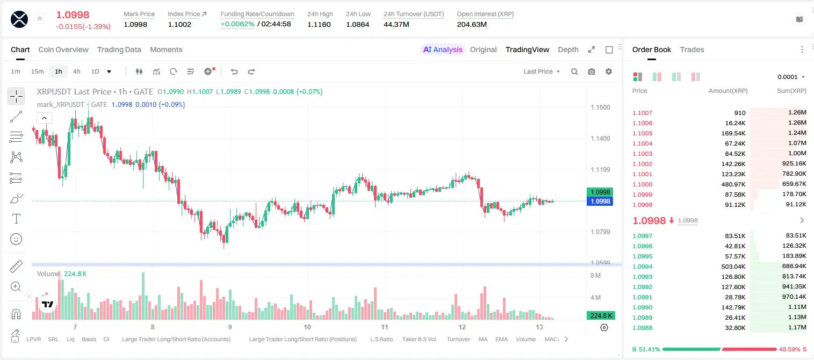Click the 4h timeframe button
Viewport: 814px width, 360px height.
click(x=76, y=71)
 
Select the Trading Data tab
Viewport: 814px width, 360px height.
click(x=119, y=49)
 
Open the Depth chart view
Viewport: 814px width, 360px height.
click(x=568, y=49)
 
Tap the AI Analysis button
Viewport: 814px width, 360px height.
click(x=443, y=49)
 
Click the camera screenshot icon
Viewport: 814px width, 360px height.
click(x=592, y=71)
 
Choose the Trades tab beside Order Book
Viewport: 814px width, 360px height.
click(x=692, y=49)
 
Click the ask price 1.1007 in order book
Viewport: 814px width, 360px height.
click(x=642, y=113)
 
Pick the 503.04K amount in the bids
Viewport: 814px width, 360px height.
click(x=733, y=267)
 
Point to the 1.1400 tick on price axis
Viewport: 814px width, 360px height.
click(x=600, y=139)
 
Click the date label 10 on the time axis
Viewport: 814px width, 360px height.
click(x=307, y=327)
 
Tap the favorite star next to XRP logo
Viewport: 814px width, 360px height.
click(x=40, y=18)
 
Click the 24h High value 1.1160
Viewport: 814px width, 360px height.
click(x=319, y=24)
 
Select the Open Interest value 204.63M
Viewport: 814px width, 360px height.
click(x=472, y=24)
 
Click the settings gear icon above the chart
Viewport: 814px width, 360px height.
click(x=609, y=71)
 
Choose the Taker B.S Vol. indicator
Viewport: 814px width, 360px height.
click(x=419, y=339)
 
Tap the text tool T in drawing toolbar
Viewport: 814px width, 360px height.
click(x=16, y=219)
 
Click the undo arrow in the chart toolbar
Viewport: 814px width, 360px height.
click(x=234, y=71)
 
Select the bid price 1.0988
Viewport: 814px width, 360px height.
click(x=642, y=328)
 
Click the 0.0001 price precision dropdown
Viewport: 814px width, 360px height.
click(x=791, y=77)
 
